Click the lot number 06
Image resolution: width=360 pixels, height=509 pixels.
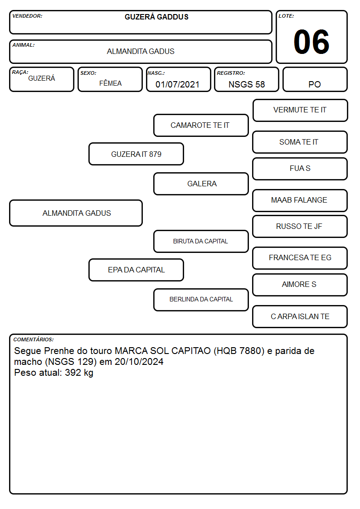click(x=311, y=42)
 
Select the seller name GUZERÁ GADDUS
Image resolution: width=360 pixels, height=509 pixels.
click(x=156, y=17)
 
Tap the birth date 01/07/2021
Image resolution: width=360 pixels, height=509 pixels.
click(x=177, y=84)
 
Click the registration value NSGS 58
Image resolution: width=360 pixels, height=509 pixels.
click(x=247, y=84)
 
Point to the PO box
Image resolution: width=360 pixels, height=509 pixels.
click(x=315, y=79)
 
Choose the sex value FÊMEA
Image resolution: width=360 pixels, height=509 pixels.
click(x=110, y=83)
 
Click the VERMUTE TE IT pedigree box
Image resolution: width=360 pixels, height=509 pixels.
click(x=300, y=111)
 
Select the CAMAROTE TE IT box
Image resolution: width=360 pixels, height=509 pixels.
click(x=201, y=125)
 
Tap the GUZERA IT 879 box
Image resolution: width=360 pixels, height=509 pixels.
click(x=136, y=154)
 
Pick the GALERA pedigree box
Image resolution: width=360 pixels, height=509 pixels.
click(x=201, y=184)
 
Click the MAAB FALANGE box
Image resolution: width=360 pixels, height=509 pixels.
click(x=300, y=200)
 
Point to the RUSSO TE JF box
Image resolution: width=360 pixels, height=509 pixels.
click(x=300, y=226)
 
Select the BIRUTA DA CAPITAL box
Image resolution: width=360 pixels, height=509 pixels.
click(x=201, y=241)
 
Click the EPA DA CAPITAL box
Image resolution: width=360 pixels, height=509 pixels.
click(x=136, y=270)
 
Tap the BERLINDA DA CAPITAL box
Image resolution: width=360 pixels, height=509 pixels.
click(x=201, y=300)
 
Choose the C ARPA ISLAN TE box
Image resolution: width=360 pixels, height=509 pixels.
click(x=300, y=316)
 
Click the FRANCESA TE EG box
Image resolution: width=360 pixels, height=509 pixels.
click(x=300, y=258)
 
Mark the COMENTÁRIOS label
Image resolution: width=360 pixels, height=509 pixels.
click(x=34, y=339)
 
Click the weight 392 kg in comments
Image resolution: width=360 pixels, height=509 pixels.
click(x=79, y=373)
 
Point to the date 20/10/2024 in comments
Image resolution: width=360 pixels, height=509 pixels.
click(x=139, y=362)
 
